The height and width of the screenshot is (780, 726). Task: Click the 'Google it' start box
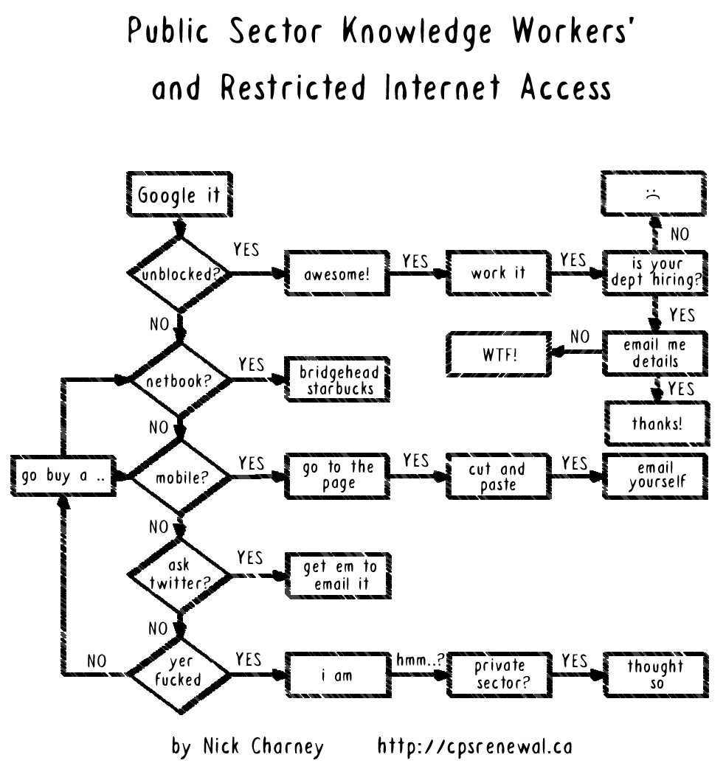178,195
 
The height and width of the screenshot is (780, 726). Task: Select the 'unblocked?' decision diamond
178,275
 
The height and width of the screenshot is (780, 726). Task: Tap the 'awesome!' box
336,274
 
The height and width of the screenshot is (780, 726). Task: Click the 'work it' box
499,273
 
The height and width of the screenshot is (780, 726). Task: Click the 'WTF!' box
499,355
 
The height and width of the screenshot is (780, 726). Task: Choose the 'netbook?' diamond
178,383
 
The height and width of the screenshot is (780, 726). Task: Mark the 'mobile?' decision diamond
178,477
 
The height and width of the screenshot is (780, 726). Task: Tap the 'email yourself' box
657,476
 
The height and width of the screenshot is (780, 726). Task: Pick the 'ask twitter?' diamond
178,574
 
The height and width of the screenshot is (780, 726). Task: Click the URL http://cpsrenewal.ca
474,746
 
